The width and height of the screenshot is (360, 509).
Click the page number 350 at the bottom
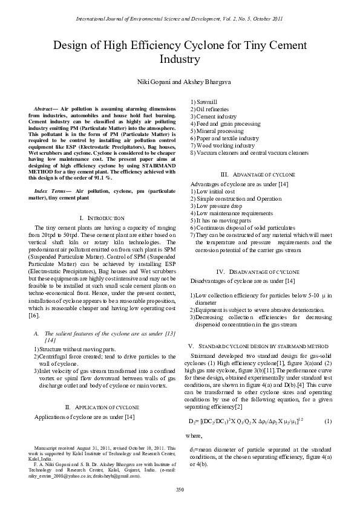coord(180,488)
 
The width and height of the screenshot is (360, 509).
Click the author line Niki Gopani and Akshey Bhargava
coord(180,81)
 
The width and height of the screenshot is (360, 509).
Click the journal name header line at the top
coord(180,19)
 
